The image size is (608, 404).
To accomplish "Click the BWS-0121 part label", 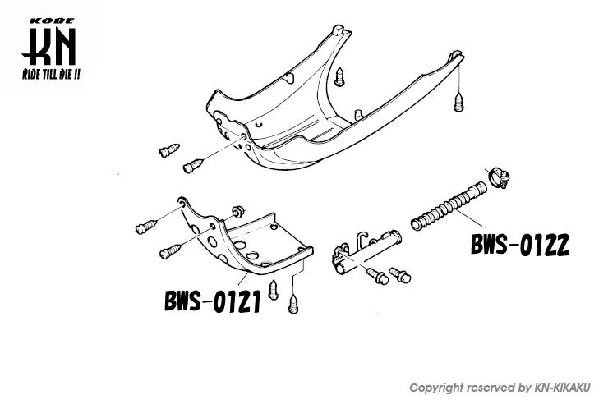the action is [213, 301].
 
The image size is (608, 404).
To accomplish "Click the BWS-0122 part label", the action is [520, 245].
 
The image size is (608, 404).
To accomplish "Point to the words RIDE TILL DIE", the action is [51, 74].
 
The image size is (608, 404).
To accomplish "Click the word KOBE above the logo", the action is [52, 21].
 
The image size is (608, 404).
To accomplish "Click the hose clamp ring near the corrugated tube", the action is [499, 177].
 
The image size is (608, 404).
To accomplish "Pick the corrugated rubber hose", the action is [449, 205].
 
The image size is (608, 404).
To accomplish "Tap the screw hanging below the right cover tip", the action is [458, 103].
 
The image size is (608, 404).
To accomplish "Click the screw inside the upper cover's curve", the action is [339, 77].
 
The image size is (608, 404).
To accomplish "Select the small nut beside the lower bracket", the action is [237, 212].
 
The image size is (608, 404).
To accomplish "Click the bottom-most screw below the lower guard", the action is [293, 304].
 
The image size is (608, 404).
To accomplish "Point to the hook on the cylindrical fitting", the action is [362, 237].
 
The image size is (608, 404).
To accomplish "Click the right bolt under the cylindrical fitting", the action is [400, 274].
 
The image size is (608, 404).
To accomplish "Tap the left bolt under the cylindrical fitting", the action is [377, 275].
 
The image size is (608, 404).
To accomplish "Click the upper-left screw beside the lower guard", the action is [146, 227].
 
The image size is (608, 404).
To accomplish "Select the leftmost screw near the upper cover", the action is [169, 150].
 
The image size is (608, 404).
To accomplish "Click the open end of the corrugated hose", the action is [416, 225].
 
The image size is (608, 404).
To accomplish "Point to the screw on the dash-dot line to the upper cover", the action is [193, 165].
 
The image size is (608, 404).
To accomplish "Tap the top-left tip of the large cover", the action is [339, 27].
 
